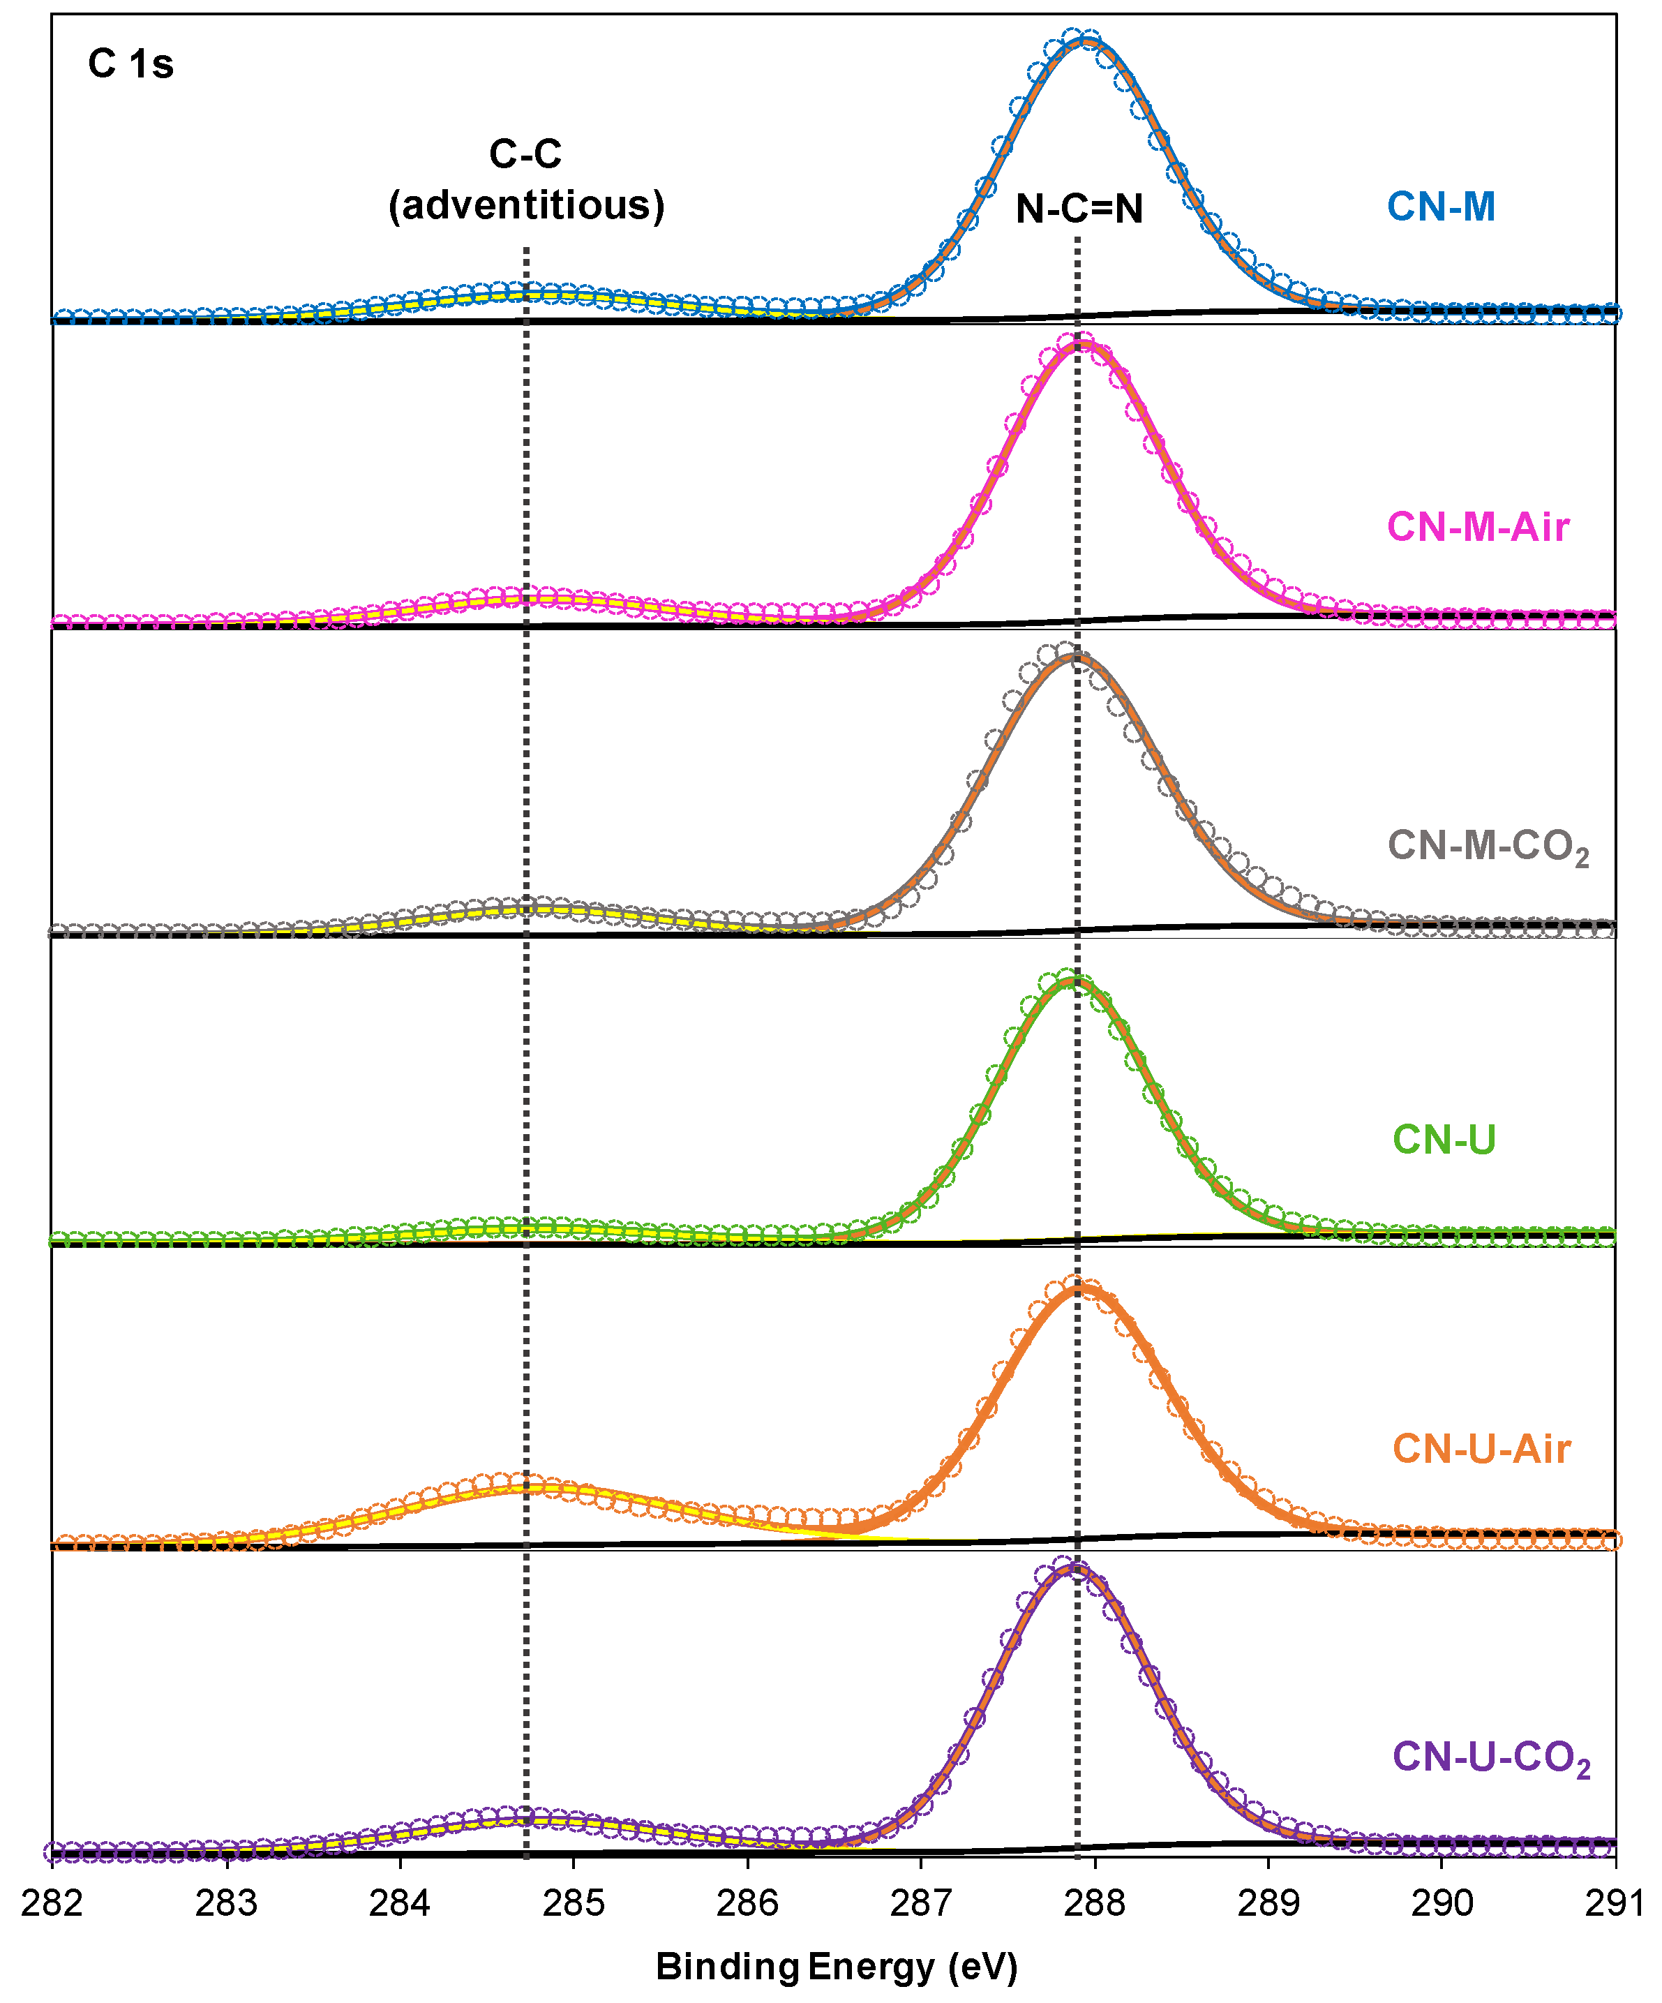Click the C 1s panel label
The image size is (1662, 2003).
pos(130,64)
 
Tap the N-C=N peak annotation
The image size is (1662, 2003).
pos(1079,208)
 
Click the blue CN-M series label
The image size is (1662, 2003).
pos(1441,206)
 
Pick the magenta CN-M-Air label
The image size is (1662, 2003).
pos(1477,526)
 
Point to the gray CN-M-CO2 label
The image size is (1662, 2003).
pos(1488,846)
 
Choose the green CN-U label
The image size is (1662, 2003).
pos(1444,1139)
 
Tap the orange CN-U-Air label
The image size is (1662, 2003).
pos(1481,1449)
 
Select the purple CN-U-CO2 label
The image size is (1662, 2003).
pos(1491,1757)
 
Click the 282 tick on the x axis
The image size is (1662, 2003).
pos(52,1903)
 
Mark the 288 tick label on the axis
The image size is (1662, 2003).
pos(1095,1903)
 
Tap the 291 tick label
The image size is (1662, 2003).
pos(1615,1903)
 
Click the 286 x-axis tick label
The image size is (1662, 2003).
pos(747,1903)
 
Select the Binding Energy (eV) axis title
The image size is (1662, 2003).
pos(837,1967)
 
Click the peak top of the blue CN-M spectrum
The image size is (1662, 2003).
pos(1083,40)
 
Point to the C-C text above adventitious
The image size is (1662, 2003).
pos(525,154)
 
